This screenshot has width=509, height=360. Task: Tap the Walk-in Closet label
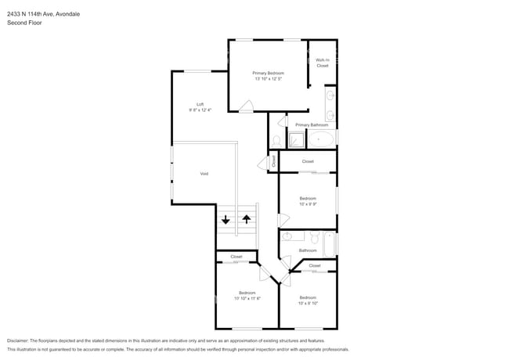(322, 63)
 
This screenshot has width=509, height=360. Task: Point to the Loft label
(200, 104)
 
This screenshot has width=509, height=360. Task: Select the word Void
(204, 174)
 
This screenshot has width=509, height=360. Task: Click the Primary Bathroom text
(312, 124)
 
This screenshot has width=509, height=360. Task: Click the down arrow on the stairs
(226, 220)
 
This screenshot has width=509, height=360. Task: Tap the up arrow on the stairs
(247, 220)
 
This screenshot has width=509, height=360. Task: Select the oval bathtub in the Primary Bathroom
(323, 141)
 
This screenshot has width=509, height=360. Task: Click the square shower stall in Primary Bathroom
(297, 141)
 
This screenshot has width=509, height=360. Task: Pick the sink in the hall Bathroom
(287, 236)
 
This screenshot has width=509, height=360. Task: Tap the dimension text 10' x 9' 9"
(308, 204)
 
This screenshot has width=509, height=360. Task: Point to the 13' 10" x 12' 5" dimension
(269, 78)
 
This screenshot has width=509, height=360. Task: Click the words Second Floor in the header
(24, 23)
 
